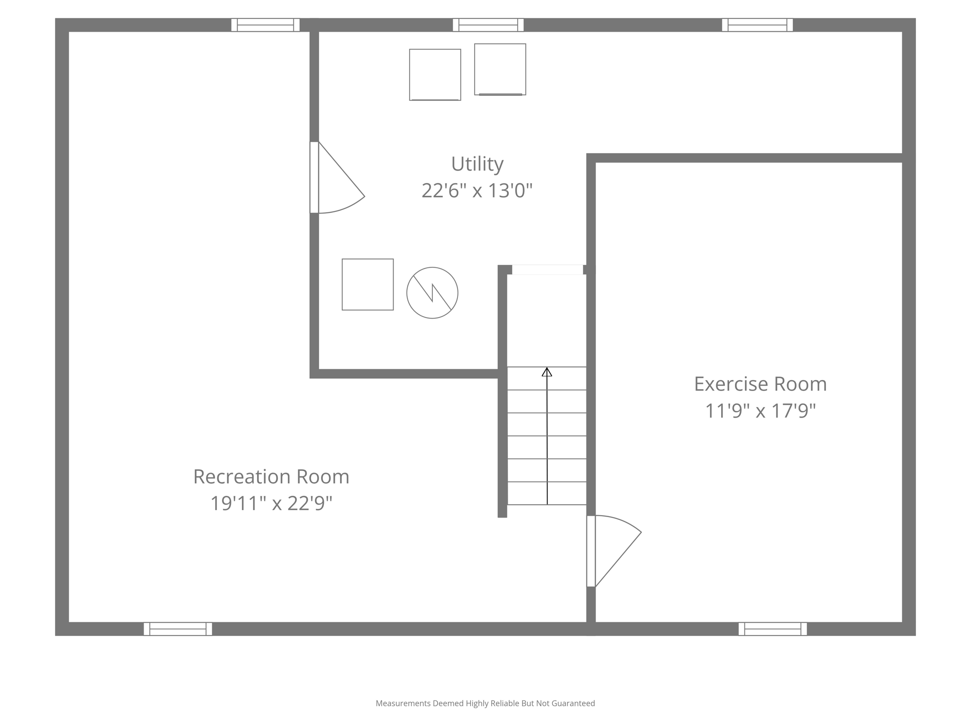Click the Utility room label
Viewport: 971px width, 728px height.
point(477,164)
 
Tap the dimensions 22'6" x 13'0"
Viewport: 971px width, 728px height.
point(477,191)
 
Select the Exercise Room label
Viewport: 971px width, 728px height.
point(760,384)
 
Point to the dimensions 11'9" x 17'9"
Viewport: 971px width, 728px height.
point(760,410)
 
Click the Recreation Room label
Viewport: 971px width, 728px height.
point(271,477)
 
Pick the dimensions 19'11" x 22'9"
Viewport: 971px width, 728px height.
point(271,503)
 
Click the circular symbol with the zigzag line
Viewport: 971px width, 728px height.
point(432,293)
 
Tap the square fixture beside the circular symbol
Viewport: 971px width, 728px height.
point(367,284)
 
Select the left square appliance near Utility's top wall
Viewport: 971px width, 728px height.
point(435,74)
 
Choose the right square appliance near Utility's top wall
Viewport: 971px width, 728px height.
point(500,69)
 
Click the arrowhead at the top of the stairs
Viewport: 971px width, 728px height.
point(547,372)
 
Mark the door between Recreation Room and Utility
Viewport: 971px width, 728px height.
point(314,177)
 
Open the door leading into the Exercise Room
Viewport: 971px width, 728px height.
point(591,551)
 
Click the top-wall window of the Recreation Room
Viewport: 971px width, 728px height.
point(265,25)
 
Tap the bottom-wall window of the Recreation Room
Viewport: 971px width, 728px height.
point(178,629)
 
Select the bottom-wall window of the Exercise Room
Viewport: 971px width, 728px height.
point(772,629)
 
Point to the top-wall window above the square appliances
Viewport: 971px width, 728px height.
point(488,25)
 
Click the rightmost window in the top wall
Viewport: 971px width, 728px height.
point(757,25)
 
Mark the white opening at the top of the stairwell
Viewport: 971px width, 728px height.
point(547,270)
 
